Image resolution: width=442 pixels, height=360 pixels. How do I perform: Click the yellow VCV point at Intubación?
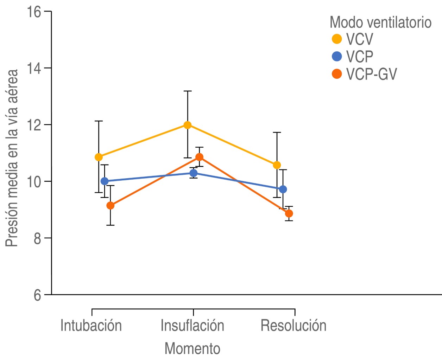(99, 157)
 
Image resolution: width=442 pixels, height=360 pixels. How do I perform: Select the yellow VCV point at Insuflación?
(188, 125)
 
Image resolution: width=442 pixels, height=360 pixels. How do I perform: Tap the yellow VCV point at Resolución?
(277, 165)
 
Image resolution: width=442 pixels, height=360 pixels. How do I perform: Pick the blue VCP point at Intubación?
(105, 181)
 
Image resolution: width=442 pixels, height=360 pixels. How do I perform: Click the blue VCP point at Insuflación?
(194, 173)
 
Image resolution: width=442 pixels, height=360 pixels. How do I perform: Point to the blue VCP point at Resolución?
(283, 189)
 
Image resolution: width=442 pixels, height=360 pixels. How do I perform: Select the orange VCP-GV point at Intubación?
(110, 206)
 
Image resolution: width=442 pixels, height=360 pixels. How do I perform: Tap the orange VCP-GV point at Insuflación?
(200, 157)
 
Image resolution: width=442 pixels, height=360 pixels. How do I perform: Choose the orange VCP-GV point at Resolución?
(289, 213)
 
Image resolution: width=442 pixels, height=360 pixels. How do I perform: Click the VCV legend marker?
(337, 39)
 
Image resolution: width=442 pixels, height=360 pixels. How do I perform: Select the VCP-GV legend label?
(372, 74)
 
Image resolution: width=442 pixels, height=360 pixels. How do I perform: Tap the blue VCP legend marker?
(337, 57)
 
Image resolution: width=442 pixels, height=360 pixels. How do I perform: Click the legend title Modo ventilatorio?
(380, 22)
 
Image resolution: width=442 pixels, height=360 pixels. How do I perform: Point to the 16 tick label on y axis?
(34, 12)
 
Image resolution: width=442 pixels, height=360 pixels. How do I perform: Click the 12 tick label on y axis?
(34, 125)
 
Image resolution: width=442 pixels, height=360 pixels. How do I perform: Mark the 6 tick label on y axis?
(37, 295)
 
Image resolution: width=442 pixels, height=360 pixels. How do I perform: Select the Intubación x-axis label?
(91, 326)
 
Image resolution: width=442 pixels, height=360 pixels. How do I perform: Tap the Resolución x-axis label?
(293, 326)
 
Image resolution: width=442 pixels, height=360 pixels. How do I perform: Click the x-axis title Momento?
(192, 348)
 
